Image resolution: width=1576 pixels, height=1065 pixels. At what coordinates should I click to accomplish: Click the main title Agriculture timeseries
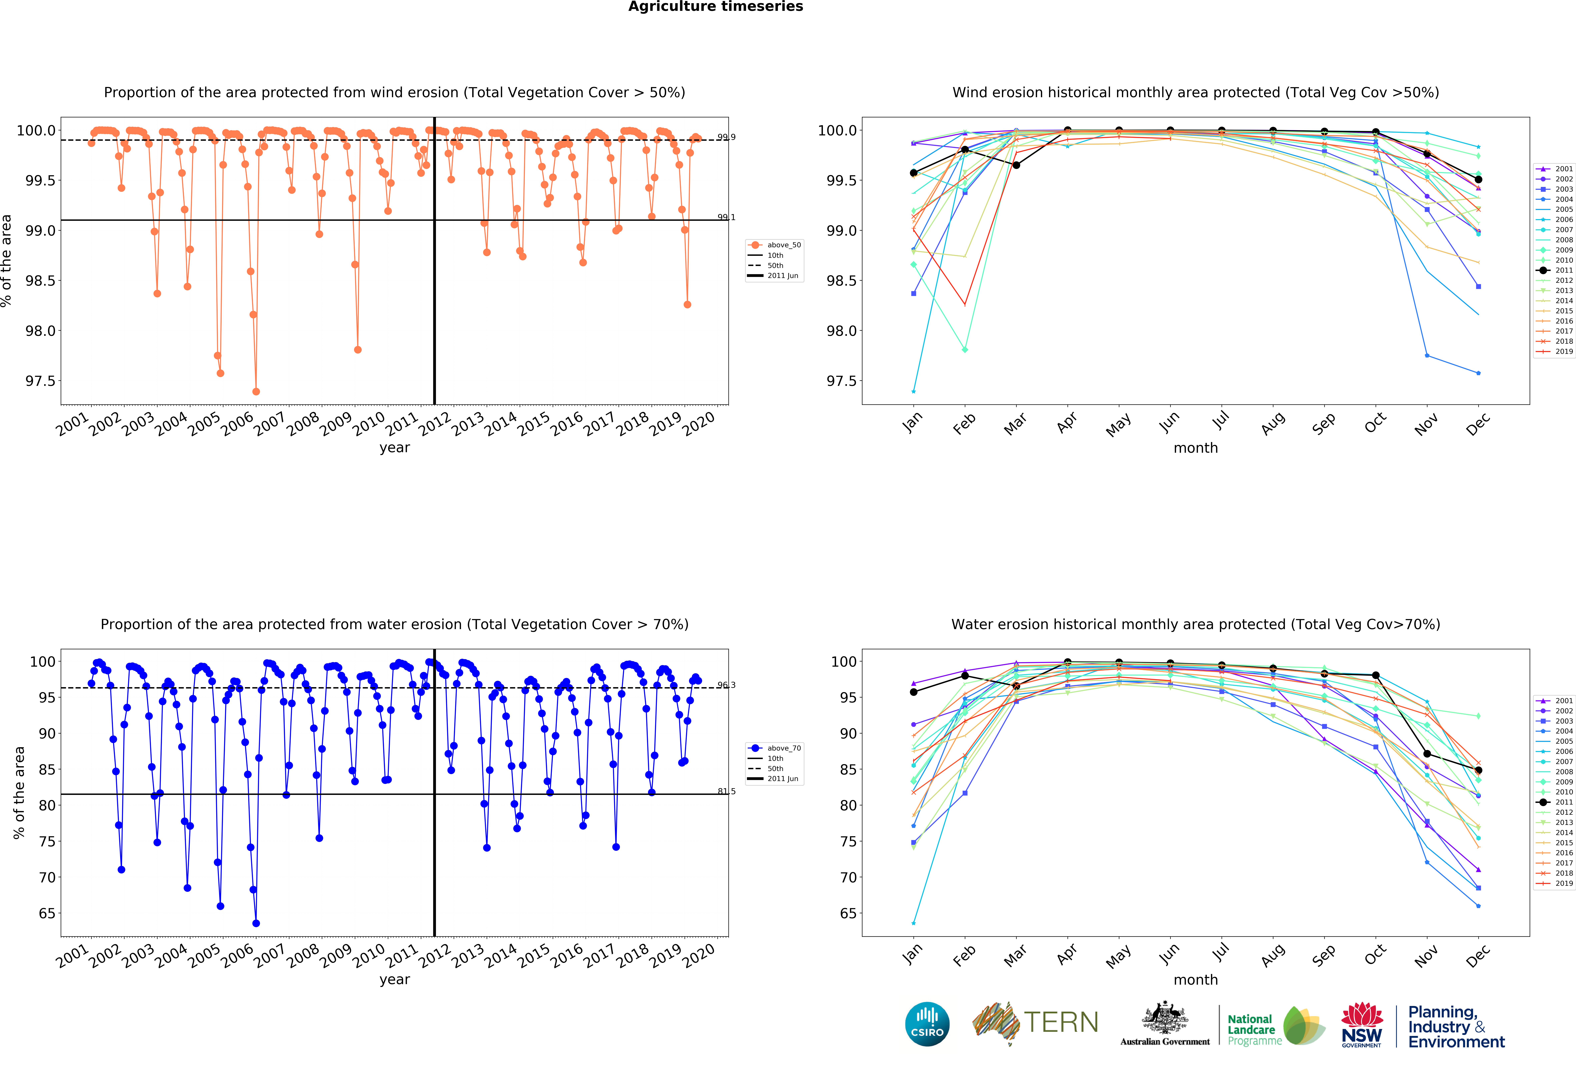pos(715,7)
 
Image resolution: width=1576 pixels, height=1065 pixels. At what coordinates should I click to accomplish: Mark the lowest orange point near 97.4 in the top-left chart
pos(256,391)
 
